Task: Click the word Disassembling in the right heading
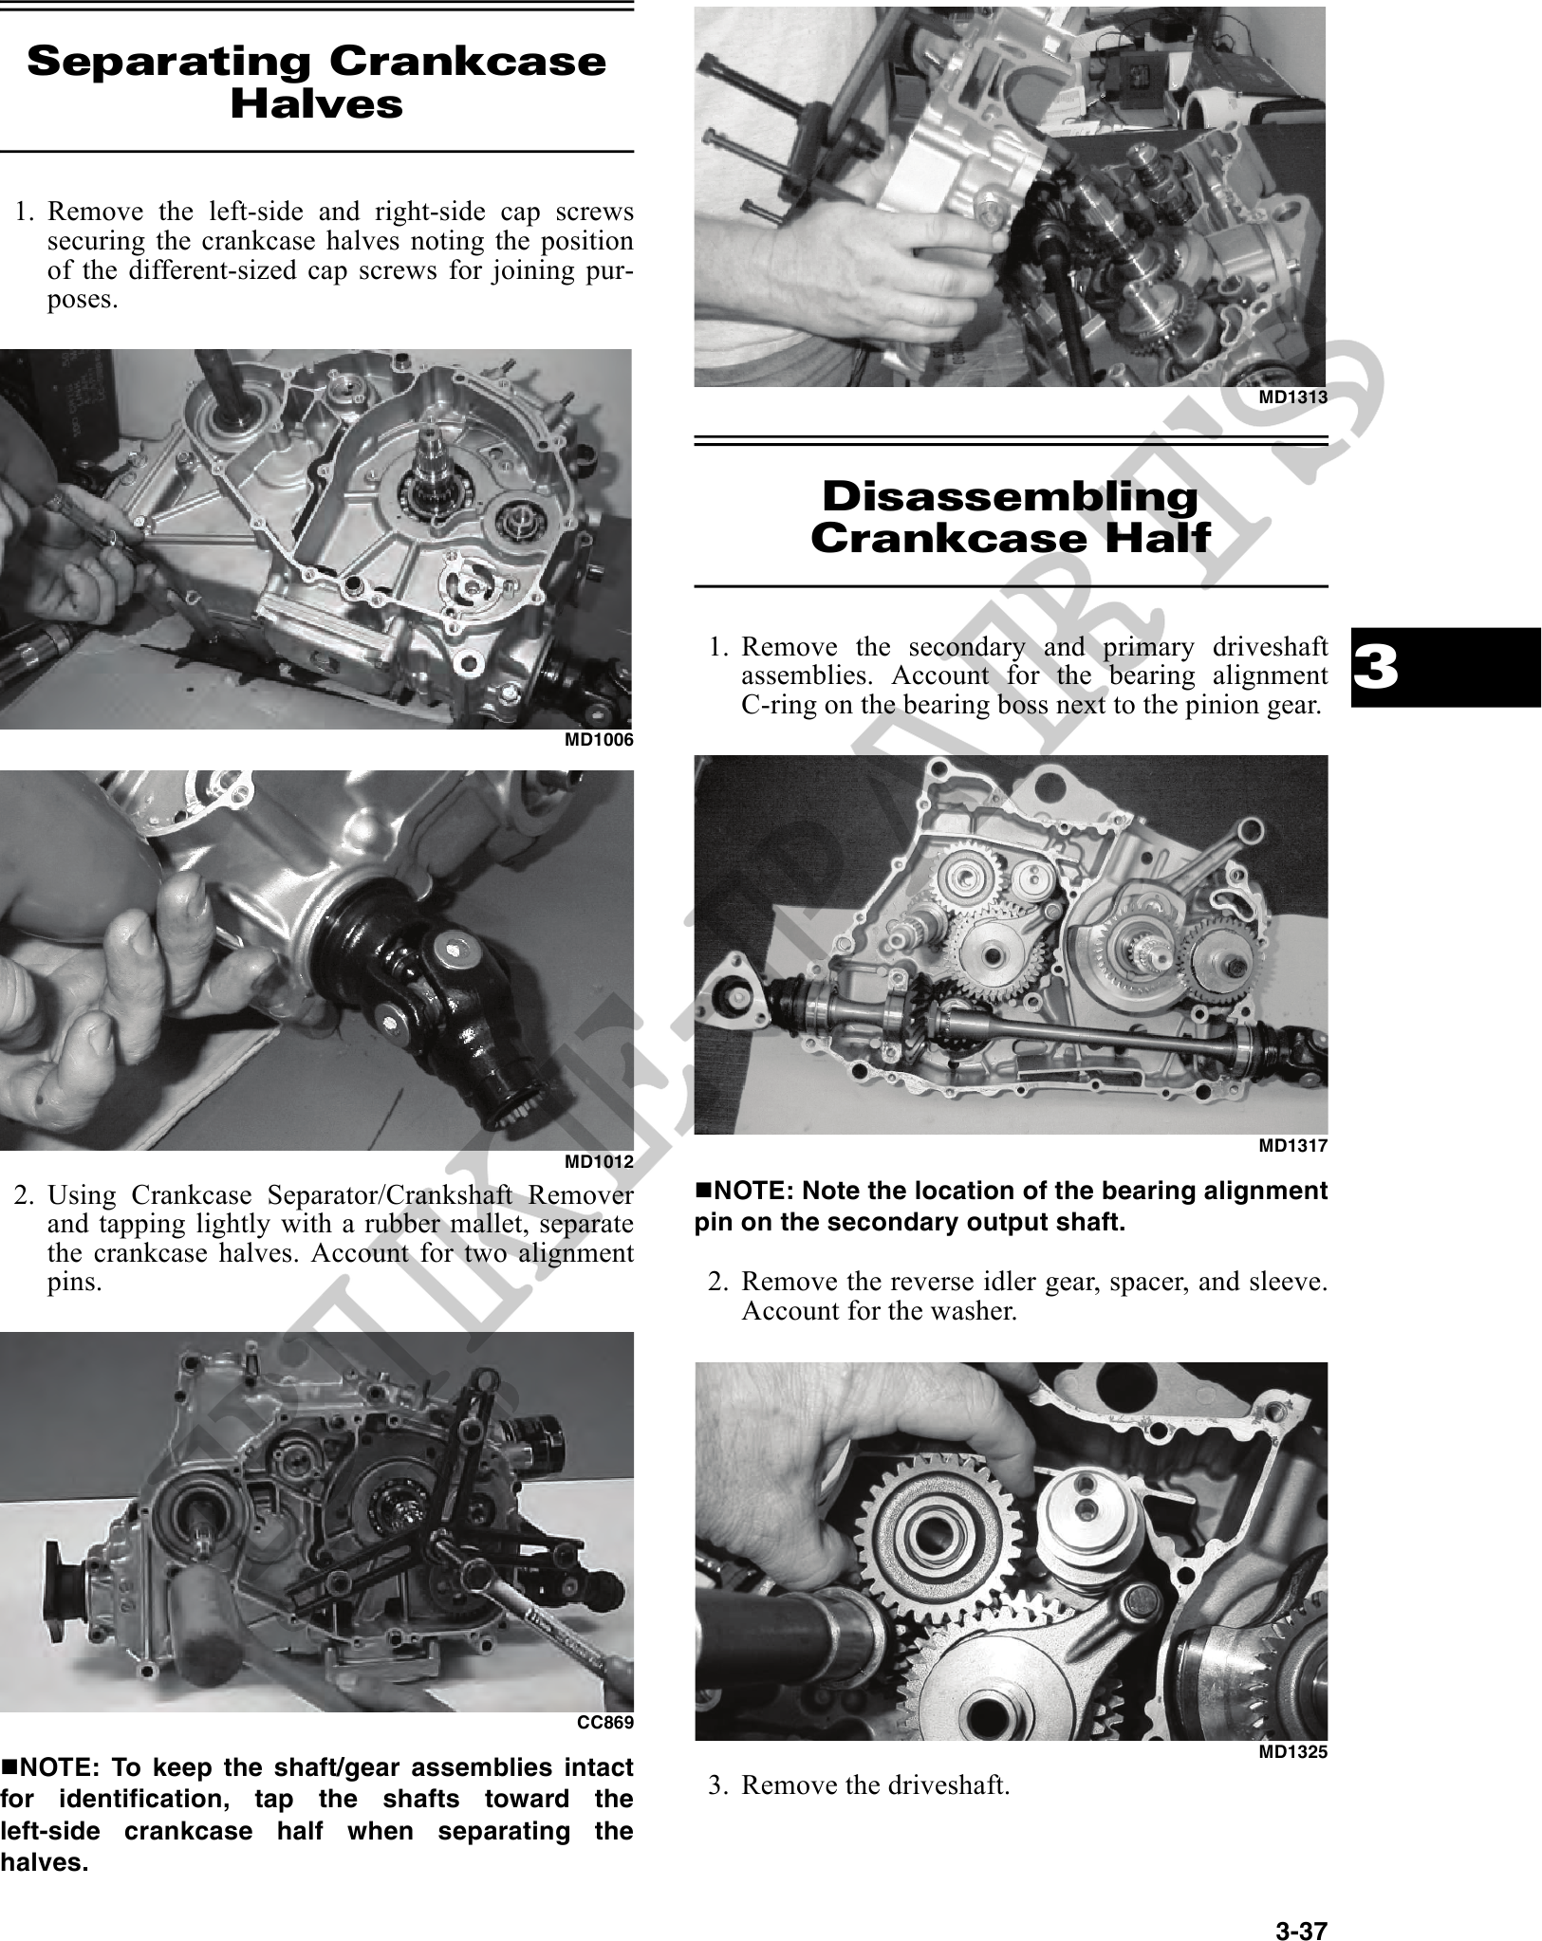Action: click(x=1010, y=497)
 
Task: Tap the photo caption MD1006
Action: click(x=599, y=740)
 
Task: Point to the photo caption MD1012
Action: click(x=599, y=1161)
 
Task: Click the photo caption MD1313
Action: click(x=1292, y=398)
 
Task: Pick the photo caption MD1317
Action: click(x=1292, y=1146)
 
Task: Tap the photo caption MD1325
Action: click(x=1292, y=1753)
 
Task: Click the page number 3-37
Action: click(x=1300, y=1904)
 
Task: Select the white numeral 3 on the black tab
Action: click(x=1376, y=667)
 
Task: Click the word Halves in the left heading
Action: click(x=316, y=104)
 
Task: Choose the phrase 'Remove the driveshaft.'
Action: click(x=875, y=1785)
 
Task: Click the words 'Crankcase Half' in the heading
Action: click(x=1010, y=539)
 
